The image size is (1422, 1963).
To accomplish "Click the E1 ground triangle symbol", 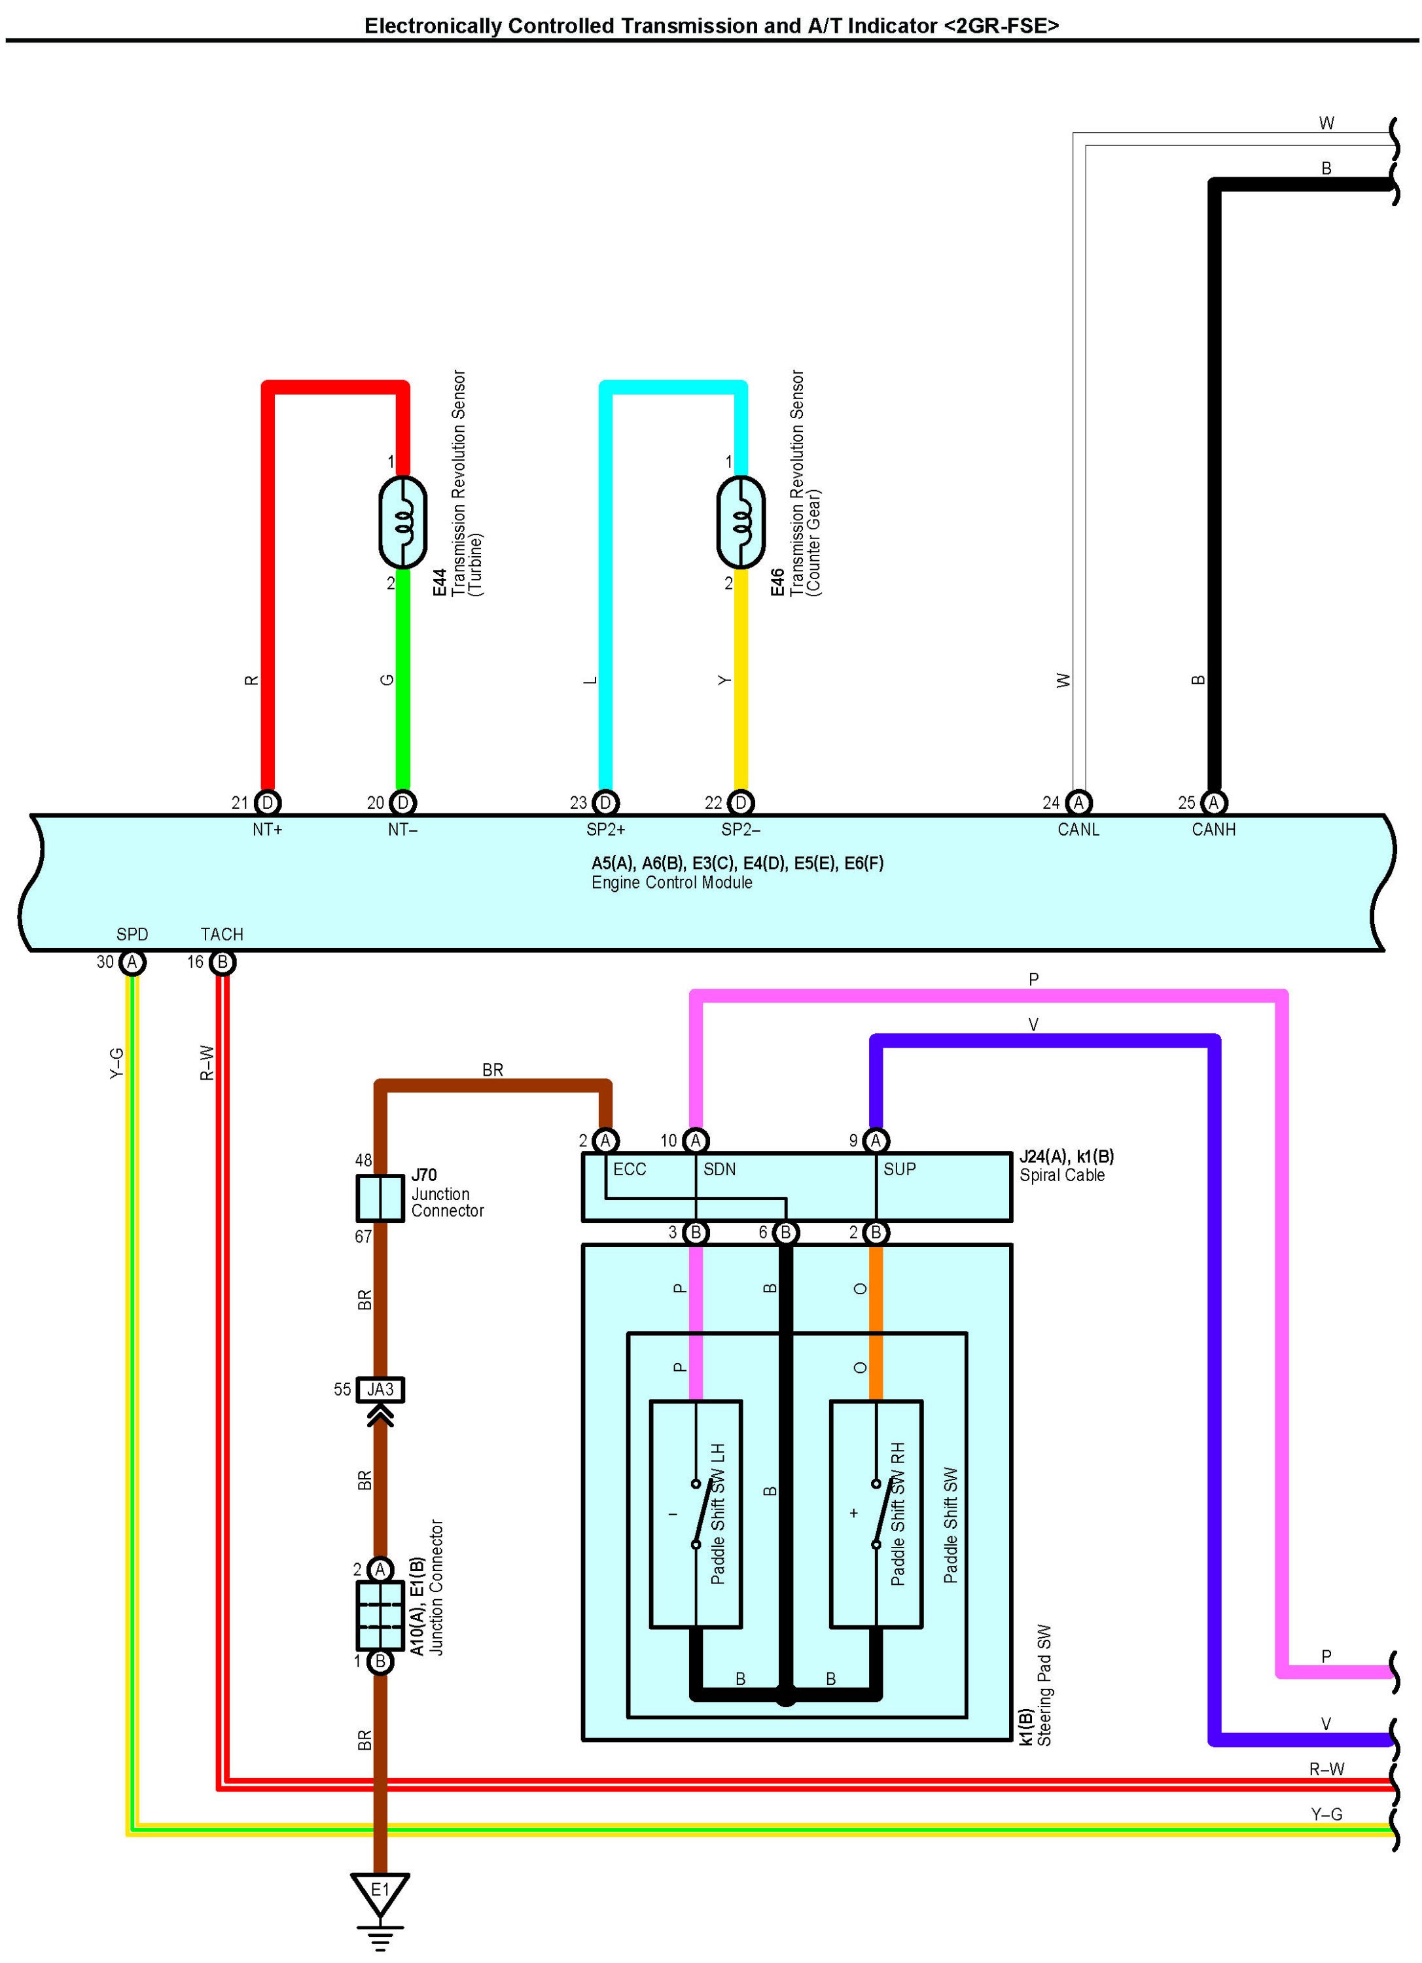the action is click(x=380, y=1893).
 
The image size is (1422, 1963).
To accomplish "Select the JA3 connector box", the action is click(x=380, y=1389).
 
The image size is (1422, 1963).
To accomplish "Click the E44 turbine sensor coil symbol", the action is click(x=403, y=522).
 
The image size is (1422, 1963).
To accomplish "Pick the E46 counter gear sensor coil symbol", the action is click(x=741, y=522).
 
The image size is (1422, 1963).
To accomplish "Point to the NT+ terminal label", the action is click(x=268, y=829).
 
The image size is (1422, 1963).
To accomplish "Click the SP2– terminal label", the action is click(x=741, y=829).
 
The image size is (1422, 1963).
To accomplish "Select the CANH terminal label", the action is click(x=1213, y=829).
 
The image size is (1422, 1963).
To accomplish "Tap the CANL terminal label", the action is click(x=1078, y=829).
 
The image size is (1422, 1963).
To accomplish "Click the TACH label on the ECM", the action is click(x=222, y=934).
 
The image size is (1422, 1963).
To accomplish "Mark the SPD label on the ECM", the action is click(x=132, y=934).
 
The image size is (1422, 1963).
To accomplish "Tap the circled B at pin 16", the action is click(x=222, y=962).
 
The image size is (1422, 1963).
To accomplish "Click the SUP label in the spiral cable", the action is click(x=899, y=1169).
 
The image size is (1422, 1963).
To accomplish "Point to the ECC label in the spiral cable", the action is click(x=630, y=1169).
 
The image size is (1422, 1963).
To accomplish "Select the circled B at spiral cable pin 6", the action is click(x=786, y=1231).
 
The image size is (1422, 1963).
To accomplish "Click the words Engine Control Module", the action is click(x=671, y=882).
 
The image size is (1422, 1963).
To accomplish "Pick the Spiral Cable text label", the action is click(x=1062, y=1175).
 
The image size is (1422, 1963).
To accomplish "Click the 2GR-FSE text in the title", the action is click(x=1001, y=26).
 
